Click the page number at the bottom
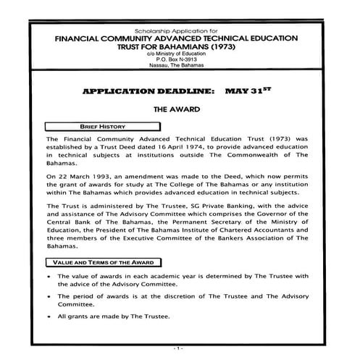pos(180,350)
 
